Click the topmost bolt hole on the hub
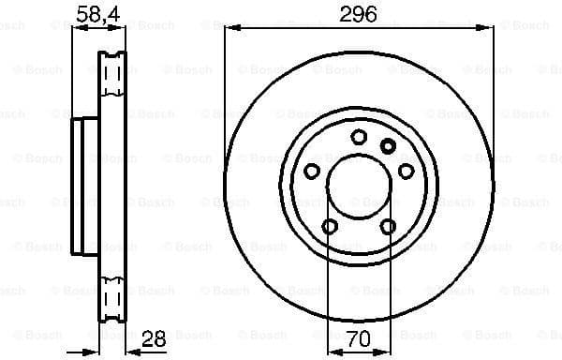359,137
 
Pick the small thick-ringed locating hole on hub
388,144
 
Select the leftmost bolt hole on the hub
311,172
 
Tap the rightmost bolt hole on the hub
407,172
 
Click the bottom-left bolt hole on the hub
329,226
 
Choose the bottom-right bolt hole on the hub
388,226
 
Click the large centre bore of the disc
359,187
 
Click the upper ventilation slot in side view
112,74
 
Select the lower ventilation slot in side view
112,300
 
